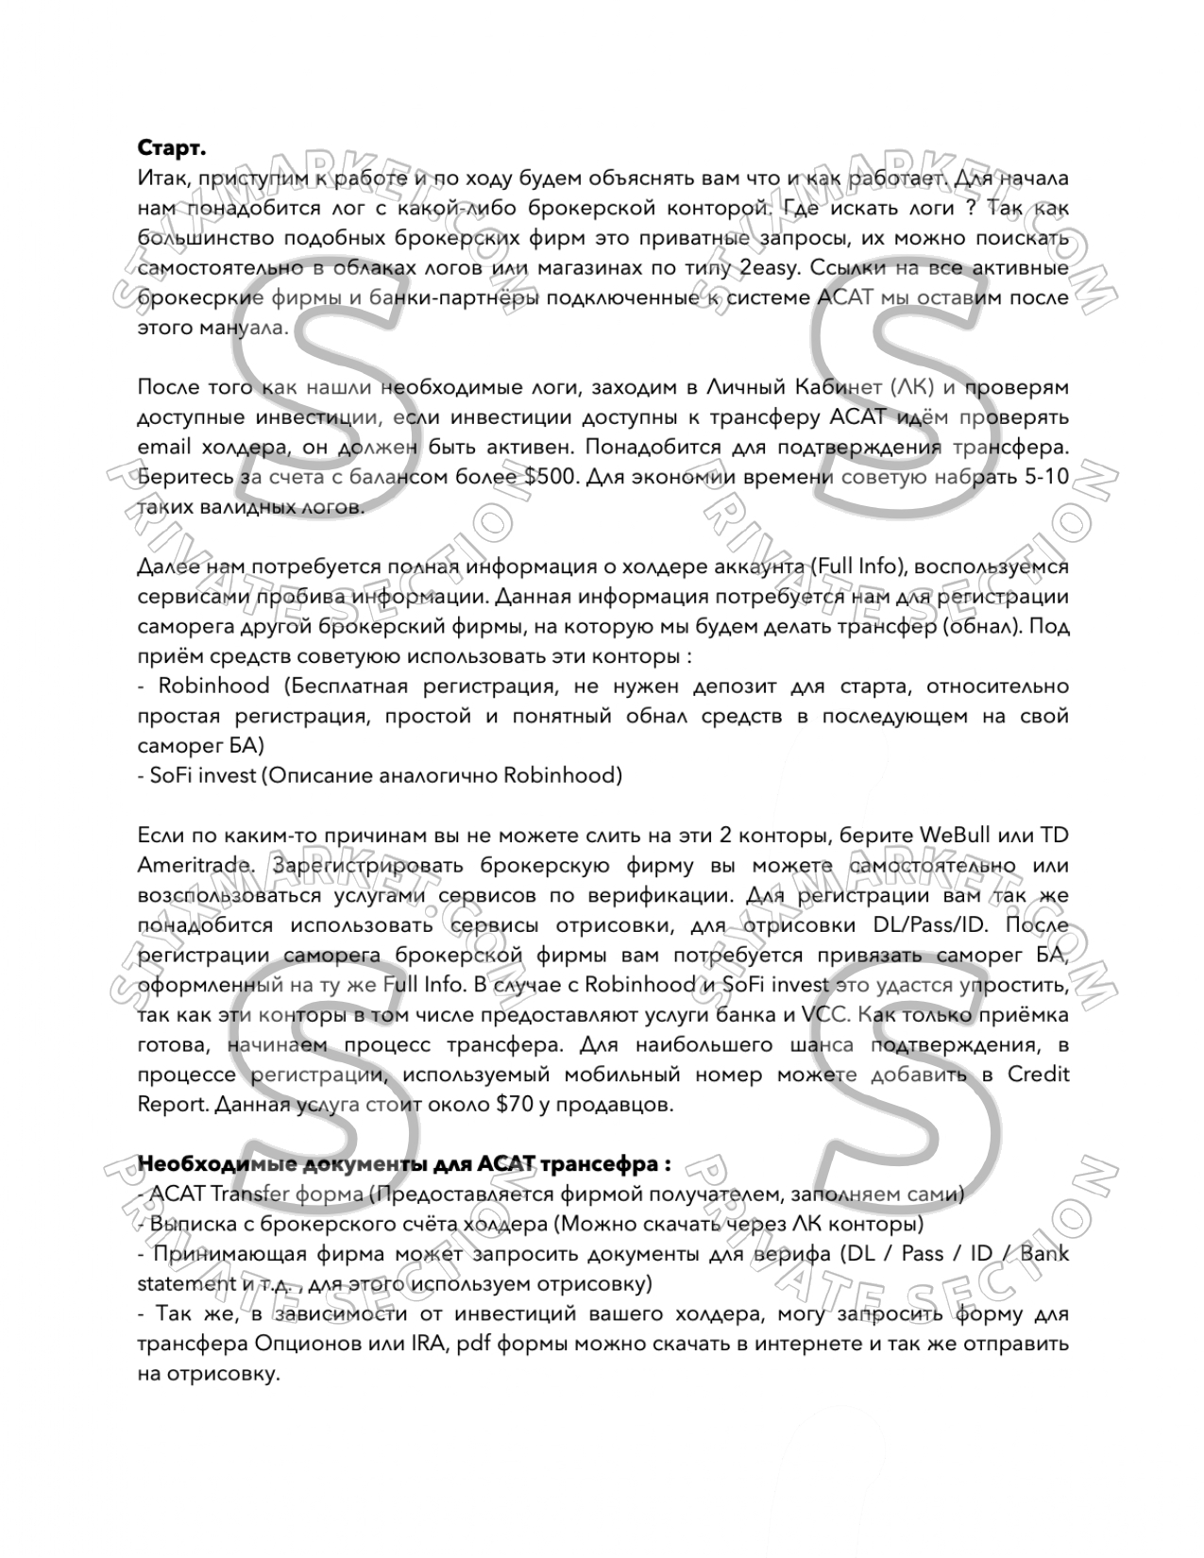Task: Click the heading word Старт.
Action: point(172,148)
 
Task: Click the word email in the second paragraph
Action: point(164,447)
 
